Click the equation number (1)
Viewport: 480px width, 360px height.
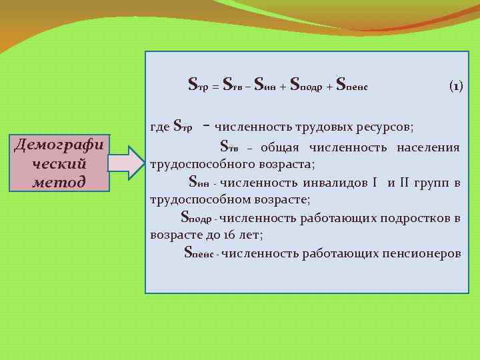click(x=457, y=86)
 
